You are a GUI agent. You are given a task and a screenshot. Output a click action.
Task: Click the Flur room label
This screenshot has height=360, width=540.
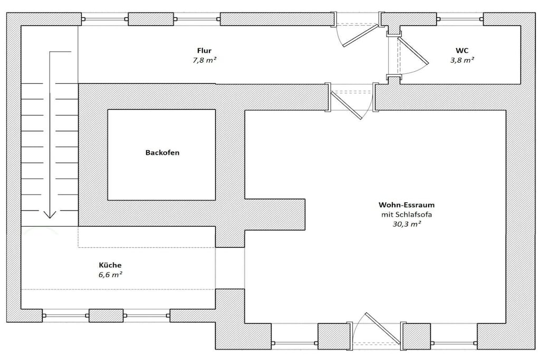(x=204, y=51)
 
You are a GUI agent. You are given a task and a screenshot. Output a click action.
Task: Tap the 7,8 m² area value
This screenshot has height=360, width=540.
(x=205, y=60)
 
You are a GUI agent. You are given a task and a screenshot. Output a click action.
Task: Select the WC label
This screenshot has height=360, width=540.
(x=462, y=51)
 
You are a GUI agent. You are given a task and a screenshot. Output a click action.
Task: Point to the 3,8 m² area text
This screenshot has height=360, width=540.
(x=462, y=60)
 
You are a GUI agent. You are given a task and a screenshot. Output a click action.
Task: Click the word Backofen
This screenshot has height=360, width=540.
(x=162, y=152)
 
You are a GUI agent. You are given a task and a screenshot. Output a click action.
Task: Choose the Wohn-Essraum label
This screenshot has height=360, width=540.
(x=407, y=205)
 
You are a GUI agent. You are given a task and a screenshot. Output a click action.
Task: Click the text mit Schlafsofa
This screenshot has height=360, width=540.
(x=407, y=215)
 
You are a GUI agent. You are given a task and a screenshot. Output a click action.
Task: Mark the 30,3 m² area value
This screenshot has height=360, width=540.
(x=407, y=224)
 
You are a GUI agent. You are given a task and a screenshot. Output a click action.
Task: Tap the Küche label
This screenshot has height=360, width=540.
(x=110, y=265)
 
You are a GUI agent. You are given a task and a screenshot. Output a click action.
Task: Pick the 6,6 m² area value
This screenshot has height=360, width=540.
(x=111, y=275)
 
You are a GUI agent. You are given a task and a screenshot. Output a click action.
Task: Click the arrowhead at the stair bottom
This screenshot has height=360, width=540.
(x=50, y=215)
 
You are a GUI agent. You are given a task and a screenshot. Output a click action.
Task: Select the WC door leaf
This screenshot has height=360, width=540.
(x=413, y=51)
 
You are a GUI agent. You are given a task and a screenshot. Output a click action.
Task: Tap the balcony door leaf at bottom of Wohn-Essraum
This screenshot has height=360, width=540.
(x=383, y=329)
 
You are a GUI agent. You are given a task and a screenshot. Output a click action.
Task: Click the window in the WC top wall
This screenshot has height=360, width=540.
(x=460, y=20)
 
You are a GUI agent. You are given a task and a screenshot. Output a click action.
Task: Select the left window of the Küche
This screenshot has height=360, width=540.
(x=65, y=316)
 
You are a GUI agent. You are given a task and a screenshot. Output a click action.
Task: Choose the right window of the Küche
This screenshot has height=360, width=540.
(x=147, y=316)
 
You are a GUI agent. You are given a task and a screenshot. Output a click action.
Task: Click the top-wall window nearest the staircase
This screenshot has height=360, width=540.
(x=105, y=20)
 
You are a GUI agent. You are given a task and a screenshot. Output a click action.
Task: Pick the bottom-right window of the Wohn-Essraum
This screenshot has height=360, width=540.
(x=454, y=343)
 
